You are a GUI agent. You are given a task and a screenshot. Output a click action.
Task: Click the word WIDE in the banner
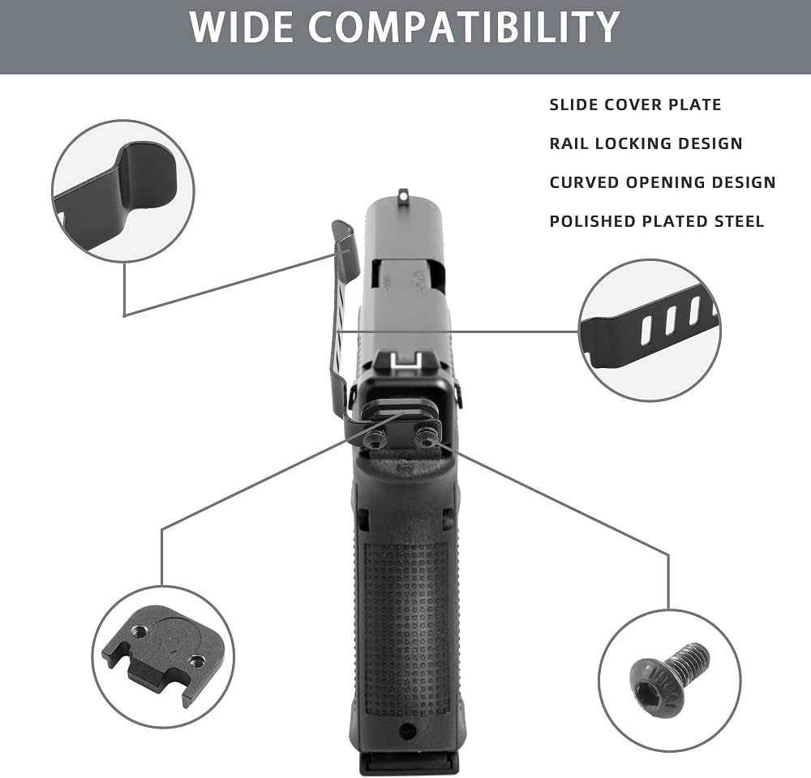point(242,27)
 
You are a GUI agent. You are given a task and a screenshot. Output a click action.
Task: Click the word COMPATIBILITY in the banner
point(464,27)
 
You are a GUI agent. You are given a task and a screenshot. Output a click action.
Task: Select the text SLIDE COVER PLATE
point(635,105)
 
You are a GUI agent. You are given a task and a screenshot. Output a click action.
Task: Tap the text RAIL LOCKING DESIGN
point(646,143)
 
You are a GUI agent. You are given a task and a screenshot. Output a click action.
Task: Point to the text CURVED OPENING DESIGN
point(663,182)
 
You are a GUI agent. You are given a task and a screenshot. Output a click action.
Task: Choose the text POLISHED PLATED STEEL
point(657,221)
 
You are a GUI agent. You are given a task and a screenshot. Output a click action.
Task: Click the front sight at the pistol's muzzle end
point(401,194)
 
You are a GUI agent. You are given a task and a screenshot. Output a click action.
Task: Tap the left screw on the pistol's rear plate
point(372,440)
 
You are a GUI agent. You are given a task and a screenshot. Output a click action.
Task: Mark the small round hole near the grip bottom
point(408,730)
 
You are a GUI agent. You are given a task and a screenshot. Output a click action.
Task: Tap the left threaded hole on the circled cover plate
point(139,631)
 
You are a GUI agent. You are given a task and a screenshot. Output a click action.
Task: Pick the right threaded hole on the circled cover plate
point(196,660)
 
